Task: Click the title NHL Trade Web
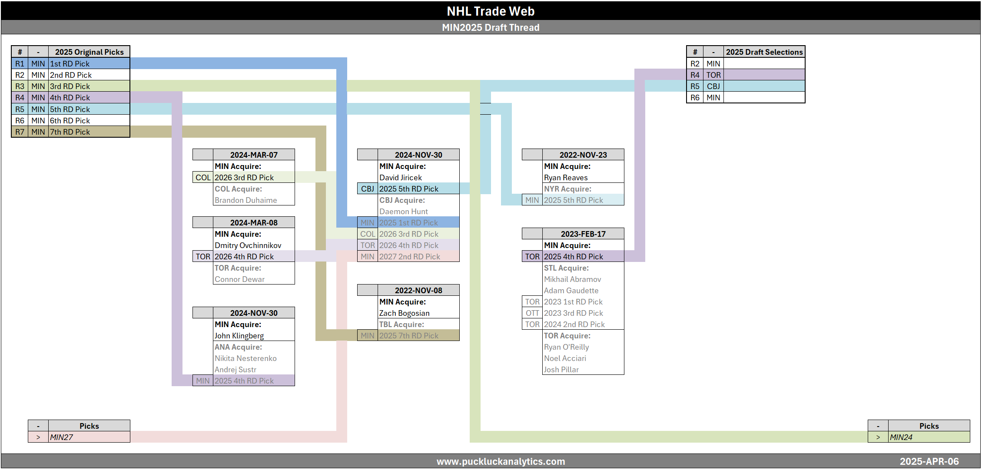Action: coord(491,11)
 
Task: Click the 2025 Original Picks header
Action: coord(89,52)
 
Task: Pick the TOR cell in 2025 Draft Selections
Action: coord(713,75)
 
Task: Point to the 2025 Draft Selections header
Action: coord(764,52)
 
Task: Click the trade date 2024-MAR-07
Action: coord(254,155)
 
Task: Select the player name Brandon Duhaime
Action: coord(245,200)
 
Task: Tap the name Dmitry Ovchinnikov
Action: coord(248,245)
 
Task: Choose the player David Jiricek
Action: coord(401,178)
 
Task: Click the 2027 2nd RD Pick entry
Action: coord(410,257)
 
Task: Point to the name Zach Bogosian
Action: coord(404,313)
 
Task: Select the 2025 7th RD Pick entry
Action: coord(409,336)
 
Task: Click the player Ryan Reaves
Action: coord(566,178)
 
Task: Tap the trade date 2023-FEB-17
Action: coord(583,234)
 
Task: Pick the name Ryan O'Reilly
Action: coord(567,347)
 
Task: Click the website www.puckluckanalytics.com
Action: coord(501,461)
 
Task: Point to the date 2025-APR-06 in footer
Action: coord(929,461)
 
